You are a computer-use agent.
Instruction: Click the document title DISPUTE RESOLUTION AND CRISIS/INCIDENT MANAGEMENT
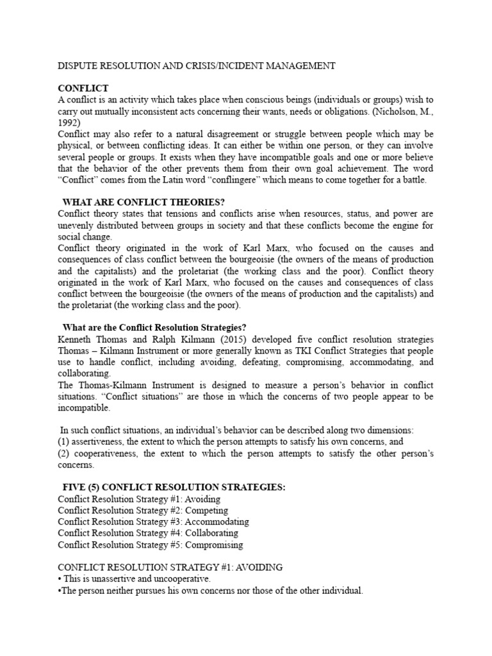click(x=197, y=65)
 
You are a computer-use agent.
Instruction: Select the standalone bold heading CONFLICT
click(x=83, y=88)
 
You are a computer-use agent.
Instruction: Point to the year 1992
click(x=69, y=123)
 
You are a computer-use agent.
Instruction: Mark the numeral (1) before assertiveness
click(x=65, y=442)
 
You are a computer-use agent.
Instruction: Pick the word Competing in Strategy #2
click(x=206, y=511)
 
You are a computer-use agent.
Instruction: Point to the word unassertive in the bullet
click(x=106, y=579)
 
